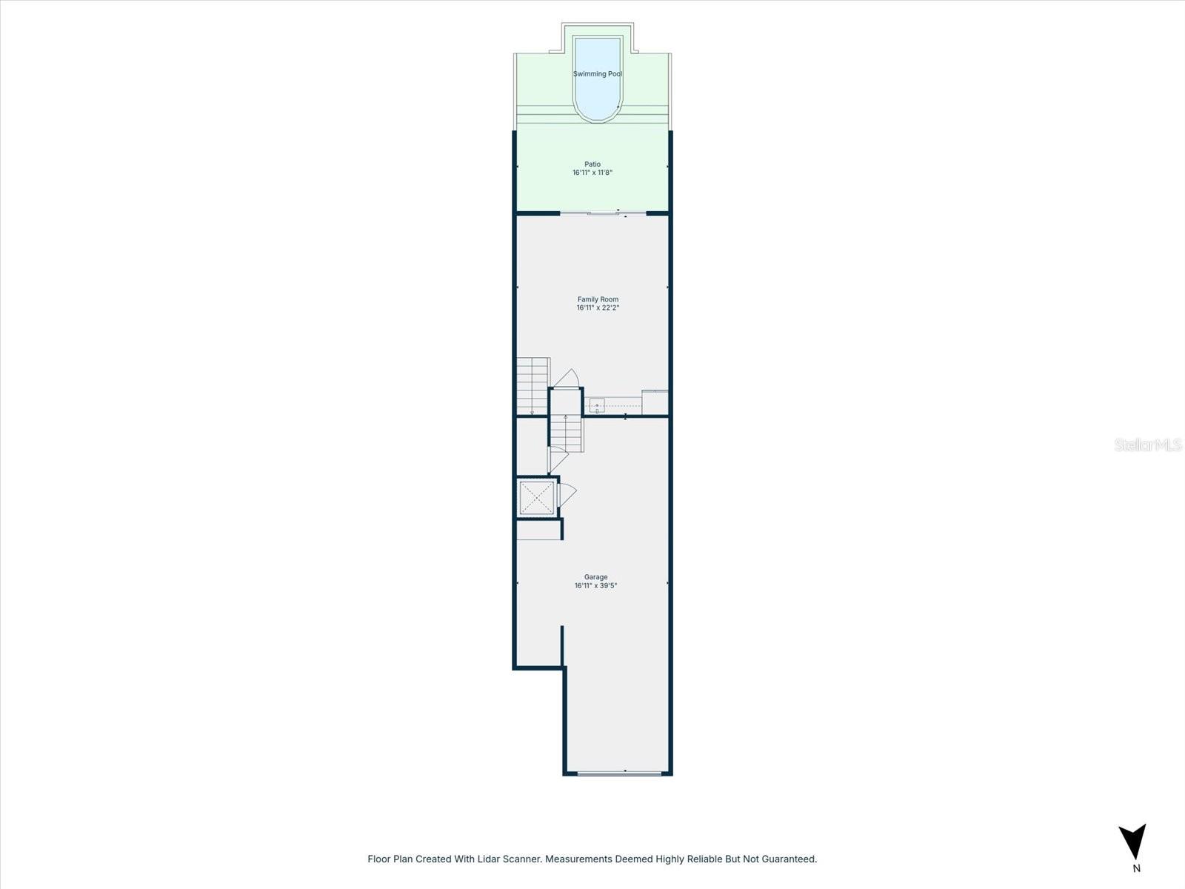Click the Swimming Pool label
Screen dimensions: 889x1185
coord(597,74)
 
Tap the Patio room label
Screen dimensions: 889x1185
coord(592,164)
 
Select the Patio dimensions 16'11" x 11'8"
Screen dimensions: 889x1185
coord(592,173)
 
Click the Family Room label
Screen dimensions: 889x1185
coord(598,299)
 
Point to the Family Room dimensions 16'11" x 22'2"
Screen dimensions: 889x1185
coord(598,307)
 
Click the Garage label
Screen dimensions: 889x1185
coord(595,577)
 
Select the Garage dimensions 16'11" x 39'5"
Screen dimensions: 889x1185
coord(595,585)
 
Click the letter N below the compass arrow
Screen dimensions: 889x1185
coord(1136,868)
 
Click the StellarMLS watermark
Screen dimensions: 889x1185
coord(1148,445)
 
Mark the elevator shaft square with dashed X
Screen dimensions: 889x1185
coord(536,497)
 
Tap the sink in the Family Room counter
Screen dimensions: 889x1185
coord(596,404)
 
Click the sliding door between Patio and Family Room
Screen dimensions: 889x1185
coord(603,214)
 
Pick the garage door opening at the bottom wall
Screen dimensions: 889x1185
coord(619,773)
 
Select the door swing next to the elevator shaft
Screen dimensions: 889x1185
coord(567,494)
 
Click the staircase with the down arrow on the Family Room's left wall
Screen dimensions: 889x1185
coord(532,386)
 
